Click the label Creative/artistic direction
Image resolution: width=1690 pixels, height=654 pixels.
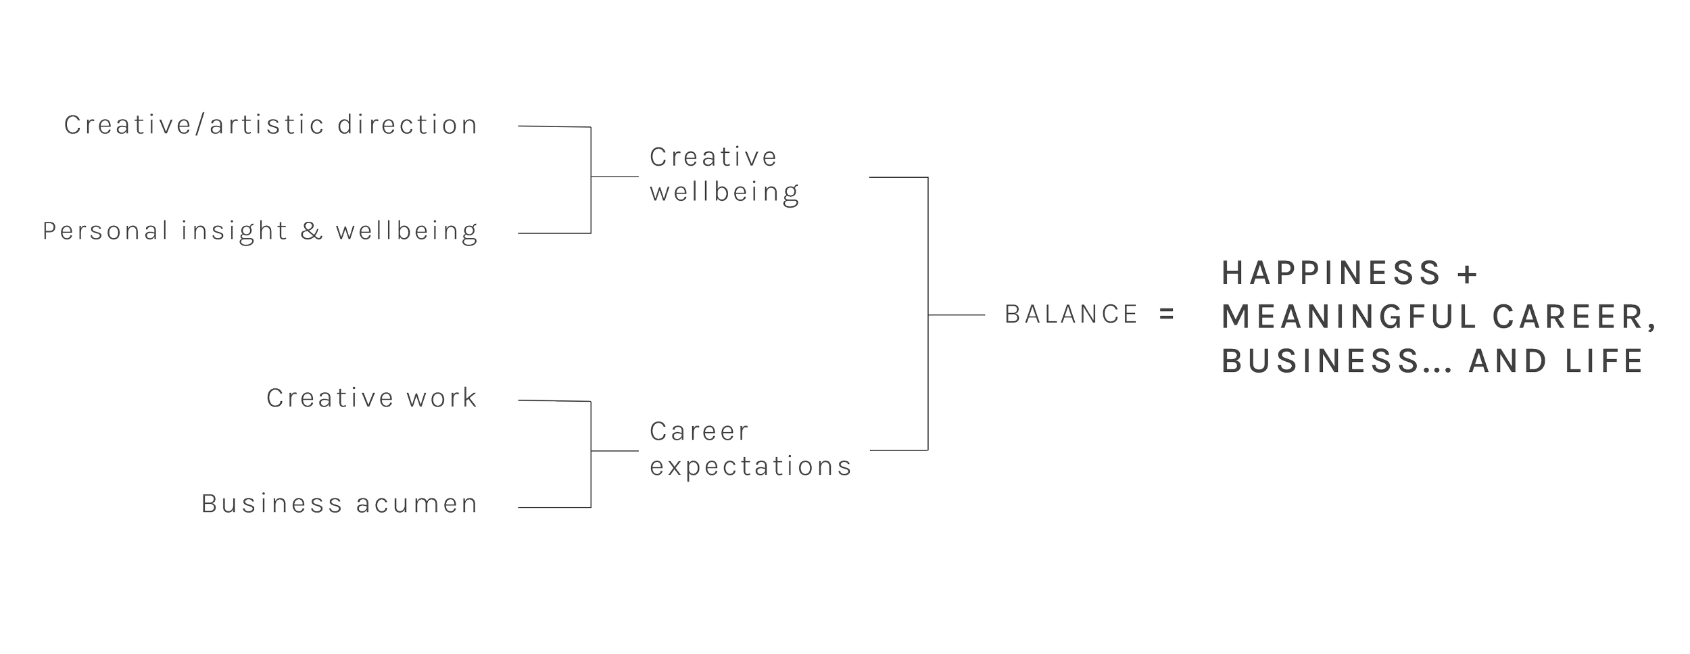[x=270, y=126]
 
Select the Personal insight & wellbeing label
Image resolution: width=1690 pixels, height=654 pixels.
[x=260, y=232]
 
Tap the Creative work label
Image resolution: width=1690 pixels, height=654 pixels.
[x=371, y=398]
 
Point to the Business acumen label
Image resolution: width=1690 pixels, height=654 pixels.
[x=339, y=505]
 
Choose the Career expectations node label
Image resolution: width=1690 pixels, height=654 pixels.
[x=750, y=449]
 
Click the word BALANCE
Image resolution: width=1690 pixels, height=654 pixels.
[x=1071, y=314]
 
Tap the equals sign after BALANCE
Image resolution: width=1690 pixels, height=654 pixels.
[x=1167, y=314]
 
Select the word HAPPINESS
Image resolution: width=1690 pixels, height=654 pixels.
[x=1331, y=273]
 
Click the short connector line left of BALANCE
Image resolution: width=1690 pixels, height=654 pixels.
[x=957, y=315]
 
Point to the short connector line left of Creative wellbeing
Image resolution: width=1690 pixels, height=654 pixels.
[x=614, y=177]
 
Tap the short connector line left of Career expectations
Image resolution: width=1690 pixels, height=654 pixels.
[x=614, y=452]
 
